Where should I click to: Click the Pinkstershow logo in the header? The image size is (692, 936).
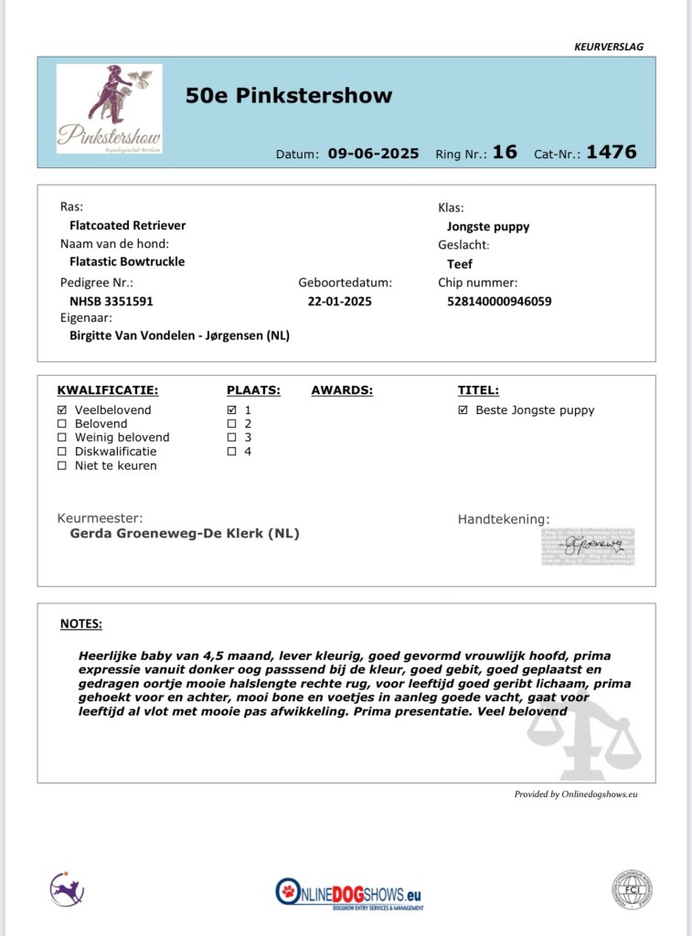[x=109, y=108]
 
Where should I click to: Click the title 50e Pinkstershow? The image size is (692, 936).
[x=289, y=96]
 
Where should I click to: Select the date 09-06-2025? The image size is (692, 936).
[x=373, y=154]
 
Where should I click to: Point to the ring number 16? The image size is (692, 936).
[x=505, y=152]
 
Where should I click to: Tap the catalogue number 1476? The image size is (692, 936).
[x=611, y=152]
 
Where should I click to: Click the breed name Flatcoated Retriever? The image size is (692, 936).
[x=127, y=225]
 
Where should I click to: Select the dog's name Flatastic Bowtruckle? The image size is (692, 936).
[x=127, y=261]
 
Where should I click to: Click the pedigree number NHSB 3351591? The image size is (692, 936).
[x=112, y=301]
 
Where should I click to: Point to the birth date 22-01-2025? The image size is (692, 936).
[x=340, y=301]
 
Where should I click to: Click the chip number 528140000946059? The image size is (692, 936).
[x=499, y=301]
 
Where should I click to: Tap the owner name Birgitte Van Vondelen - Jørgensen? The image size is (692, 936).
[x=179, y=335]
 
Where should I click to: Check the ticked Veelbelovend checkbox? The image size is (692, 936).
[x=62, y=410]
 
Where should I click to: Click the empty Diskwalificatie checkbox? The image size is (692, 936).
[x=62, y=452]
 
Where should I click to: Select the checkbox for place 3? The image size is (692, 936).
[x=232, y=438]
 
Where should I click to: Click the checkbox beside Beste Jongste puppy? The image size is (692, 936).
[x=463, y=410]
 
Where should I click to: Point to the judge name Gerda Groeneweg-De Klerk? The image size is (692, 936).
[x=185, y=534]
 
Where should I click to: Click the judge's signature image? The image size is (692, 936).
[x=588, y=546]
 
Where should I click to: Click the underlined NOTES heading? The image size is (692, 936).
[x=81, y=624]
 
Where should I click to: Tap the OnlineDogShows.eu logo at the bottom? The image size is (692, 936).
[x=350, y=892]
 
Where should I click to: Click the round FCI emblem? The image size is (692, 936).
[x=632, y=889]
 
